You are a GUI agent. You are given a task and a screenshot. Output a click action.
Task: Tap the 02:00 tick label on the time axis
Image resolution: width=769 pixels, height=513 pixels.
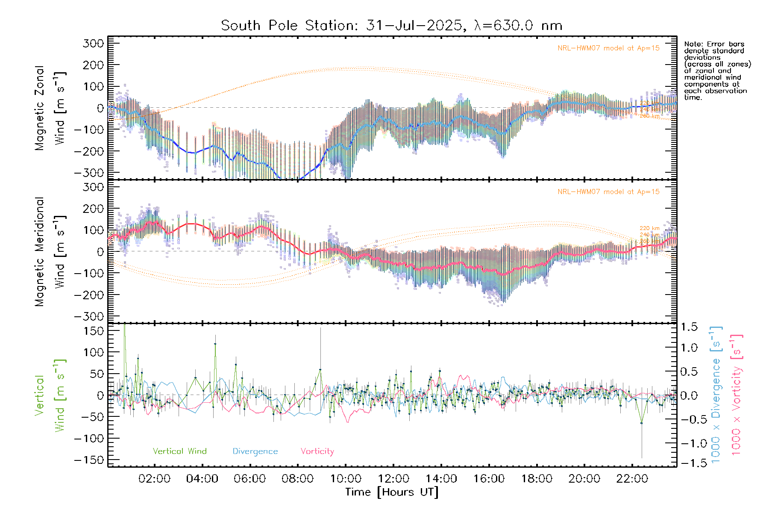(154, 479)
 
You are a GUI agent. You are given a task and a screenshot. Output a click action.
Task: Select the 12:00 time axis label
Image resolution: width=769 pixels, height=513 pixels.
(393, 479)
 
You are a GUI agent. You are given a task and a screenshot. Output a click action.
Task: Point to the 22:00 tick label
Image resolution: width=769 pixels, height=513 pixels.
(632, 479)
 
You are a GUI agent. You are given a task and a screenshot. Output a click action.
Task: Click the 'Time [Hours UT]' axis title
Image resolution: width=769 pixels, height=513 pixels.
(392, 492)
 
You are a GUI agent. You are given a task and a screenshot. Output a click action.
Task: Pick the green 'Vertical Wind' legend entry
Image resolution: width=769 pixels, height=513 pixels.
(179, 451)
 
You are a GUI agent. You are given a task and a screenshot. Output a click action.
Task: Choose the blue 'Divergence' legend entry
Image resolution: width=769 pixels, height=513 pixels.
(255, 451)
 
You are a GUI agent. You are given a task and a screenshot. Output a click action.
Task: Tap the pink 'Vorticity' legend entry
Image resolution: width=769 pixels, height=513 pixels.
(317, 451)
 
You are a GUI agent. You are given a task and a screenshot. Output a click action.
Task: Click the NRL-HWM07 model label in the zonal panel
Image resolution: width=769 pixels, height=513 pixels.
(608, 48)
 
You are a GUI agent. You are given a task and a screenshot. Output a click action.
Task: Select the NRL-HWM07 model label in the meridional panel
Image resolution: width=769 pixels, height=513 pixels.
(608, 192)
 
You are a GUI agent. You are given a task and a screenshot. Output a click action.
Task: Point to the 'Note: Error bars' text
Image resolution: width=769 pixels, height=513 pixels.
(714, 44)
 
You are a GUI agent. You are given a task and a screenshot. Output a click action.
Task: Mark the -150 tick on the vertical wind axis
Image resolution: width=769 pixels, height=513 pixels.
(89, 460)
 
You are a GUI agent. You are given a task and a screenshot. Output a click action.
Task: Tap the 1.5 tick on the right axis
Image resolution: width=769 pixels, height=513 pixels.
(689, 327)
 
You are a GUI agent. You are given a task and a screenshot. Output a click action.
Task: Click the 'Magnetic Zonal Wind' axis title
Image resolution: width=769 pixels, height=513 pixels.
(50, 108)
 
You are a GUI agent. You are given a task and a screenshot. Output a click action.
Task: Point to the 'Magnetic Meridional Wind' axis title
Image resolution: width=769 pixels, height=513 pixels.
(50, 251)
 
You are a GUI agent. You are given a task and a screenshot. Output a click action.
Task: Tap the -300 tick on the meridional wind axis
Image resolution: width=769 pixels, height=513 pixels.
(89, 316)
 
